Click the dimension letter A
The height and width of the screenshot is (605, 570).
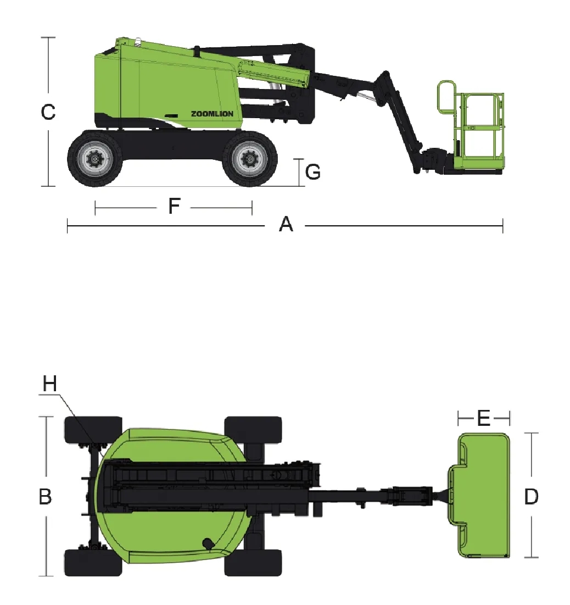pyautogui.click(x=286, y=224)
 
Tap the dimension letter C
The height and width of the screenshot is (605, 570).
pyautogui.click(x=48, y=112)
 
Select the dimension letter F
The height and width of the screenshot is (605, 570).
pyautogui.click(x=174, y=206)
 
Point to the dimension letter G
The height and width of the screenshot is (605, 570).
pyautogui.click(x=313, y=171)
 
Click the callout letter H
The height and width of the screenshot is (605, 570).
pyautogui.click(x=50, y=384)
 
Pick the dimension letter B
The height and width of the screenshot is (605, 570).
pyautogui.click(x=45, y=497)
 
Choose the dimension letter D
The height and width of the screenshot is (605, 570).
pyautogui.click(x=531, y=497)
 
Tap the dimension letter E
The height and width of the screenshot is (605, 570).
pyautogui.click(x=484, y=418)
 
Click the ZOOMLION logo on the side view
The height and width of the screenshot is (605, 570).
pyautogui.click(x=212, y=114)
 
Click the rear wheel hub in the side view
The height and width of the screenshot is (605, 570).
pyautogui.click(x=94, y=159)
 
